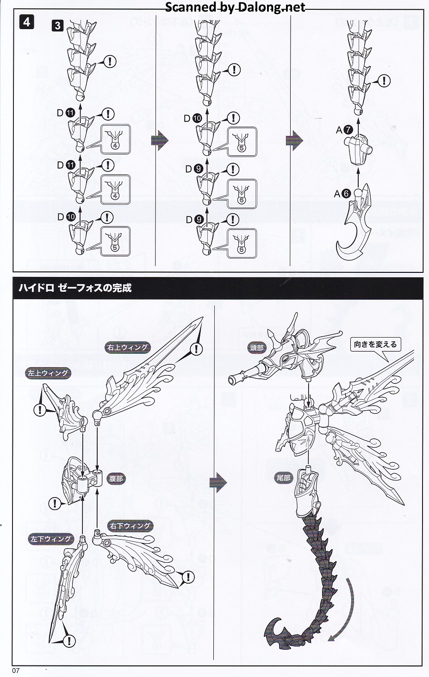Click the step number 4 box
click(x=26, y=22)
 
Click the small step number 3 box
click(x=57, y=25)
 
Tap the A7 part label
click(x=344, y=131)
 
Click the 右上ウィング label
click(x=127, y=347)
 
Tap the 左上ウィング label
click(x=48, y=373)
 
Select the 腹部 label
click(x=116, y=479)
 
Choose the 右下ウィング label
click(x=130, y=526)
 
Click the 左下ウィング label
click(x=51, y=539)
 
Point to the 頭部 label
click(x=257, y=348)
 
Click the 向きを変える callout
click(x=375, y=344)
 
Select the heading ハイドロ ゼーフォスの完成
click(x=75, y=288)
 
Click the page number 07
click(x=17, y=671)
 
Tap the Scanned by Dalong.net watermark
click(x=235, y=7)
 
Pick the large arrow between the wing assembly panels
click(x=218, y=482)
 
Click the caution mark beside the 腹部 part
click(x=55, y=503)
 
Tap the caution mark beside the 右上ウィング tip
click(x=198, y=349)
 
